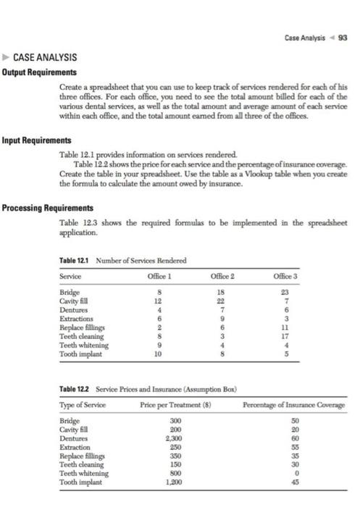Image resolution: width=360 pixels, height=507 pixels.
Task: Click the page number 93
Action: point(343,38)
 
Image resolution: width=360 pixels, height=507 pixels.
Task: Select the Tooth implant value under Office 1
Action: point(149,356)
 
